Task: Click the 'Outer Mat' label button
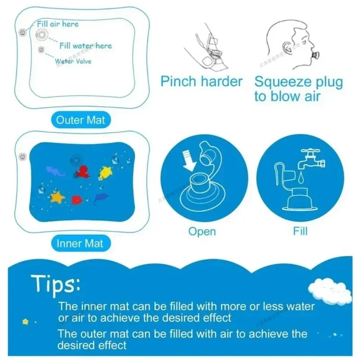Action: tap(81, 120)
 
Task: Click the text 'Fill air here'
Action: tap(58, 24)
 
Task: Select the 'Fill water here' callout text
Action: tap(86, 46)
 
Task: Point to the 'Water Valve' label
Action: tap(73, 61)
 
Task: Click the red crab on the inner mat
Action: tap(77, 199)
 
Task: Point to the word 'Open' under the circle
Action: tap(202, 231)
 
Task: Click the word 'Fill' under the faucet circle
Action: tap(300, 231)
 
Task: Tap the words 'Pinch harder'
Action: tap(202, 81)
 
